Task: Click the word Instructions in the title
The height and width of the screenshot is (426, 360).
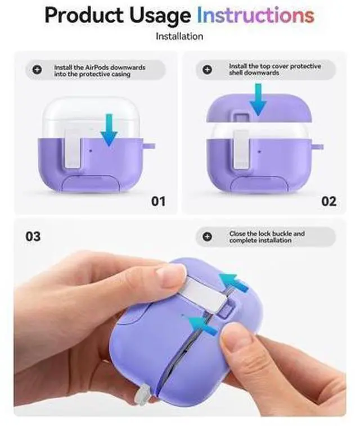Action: (255, 15)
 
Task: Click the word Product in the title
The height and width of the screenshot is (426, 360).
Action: (84, 15)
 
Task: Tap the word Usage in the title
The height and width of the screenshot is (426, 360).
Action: (160, 16)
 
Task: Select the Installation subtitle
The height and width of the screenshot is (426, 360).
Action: (179, 37)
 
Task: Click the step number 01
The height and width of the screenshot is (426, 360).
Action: (158, 201)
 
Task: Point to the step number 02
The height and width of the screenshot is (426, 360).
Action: (328, 201)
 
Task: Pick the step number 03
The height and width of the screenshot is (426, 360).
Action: (33, 237)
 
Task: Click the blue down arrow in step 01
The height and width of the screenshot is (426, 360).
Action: (109, 130)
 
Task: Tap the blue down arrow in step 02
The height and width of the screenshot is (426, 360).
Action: (258, 99)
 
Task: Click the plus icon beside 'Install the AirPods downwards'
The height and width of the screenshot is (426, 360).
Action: (37, 70)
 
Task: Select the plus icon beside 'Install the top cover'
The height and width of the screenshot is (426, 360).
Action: (207, 70)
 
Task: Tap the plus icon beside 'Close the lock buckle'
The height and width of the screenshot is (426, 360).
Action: (207, 237)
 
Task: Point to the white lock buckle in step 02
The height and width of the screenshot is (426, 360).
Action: (241, 149)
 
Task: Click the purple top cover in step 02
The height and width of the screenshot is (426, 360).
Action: (259, 108)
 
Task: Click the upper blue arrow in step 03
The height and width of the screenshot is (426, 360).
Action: (234, 282)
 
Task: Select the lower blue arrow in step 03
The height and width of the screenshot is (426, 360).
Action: (202, 325)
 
